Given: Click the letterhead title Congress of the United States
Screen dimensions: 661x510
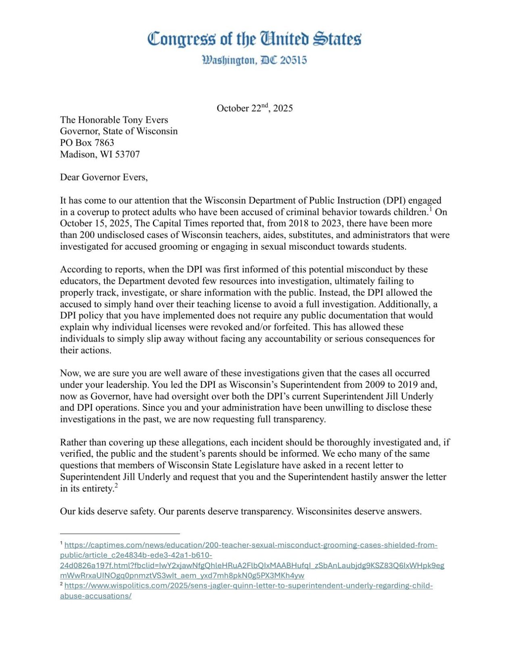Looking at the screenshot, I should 254,39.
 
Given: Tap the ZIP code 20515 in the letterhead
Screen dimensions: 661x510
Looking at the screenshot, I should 293,60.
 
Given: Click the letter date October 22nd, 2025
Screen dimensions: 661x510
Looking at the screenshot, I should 254,108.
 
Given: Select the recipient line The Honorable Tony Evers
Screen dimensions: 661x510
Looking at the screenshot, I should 114,120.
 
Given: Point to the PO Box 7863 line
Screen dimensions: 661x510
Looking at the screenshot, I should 87,143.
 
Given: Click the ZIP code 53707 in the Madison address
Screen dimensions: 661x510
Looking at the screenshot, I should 127,154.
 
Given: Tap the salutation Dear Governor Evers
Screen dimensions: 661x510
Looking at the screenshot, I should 104,177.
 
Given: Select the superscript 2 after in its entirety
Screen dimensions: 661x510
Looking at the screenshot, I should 116,486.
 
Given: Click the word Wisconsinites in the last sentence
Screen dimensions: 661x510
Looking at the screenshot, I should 324,512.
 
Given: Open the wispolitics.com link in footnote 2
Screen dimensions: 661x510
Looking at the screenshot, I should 248,586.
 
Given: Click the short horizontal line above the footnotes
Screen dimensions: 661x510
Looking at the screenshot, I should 120,534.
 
